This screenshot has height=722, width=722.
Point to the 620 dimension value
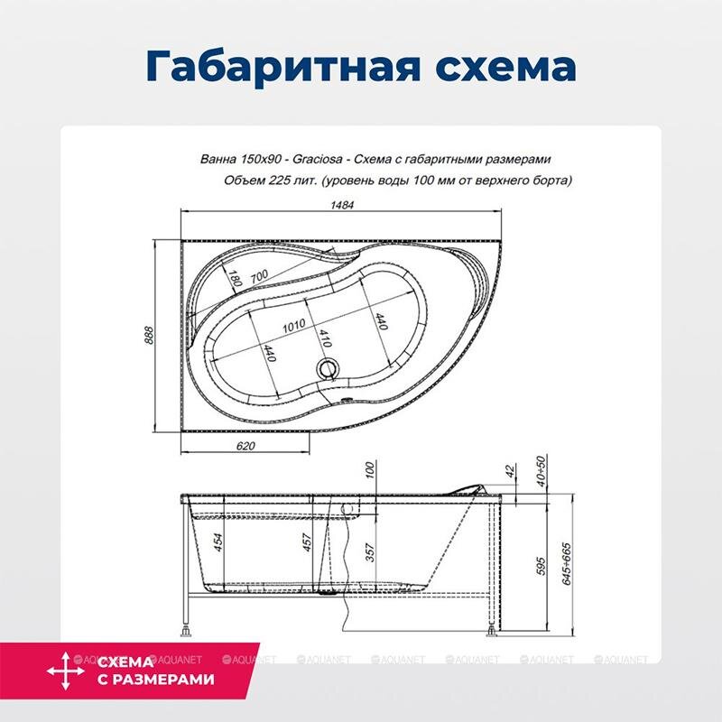tap(245, 446)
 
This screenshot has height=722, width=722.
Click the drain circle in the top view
tap(329, 368)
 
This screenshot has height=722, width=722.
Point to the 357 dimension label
tap(370, 553)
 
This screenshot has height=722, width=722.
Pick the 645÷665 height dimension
tap(567, 564)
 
